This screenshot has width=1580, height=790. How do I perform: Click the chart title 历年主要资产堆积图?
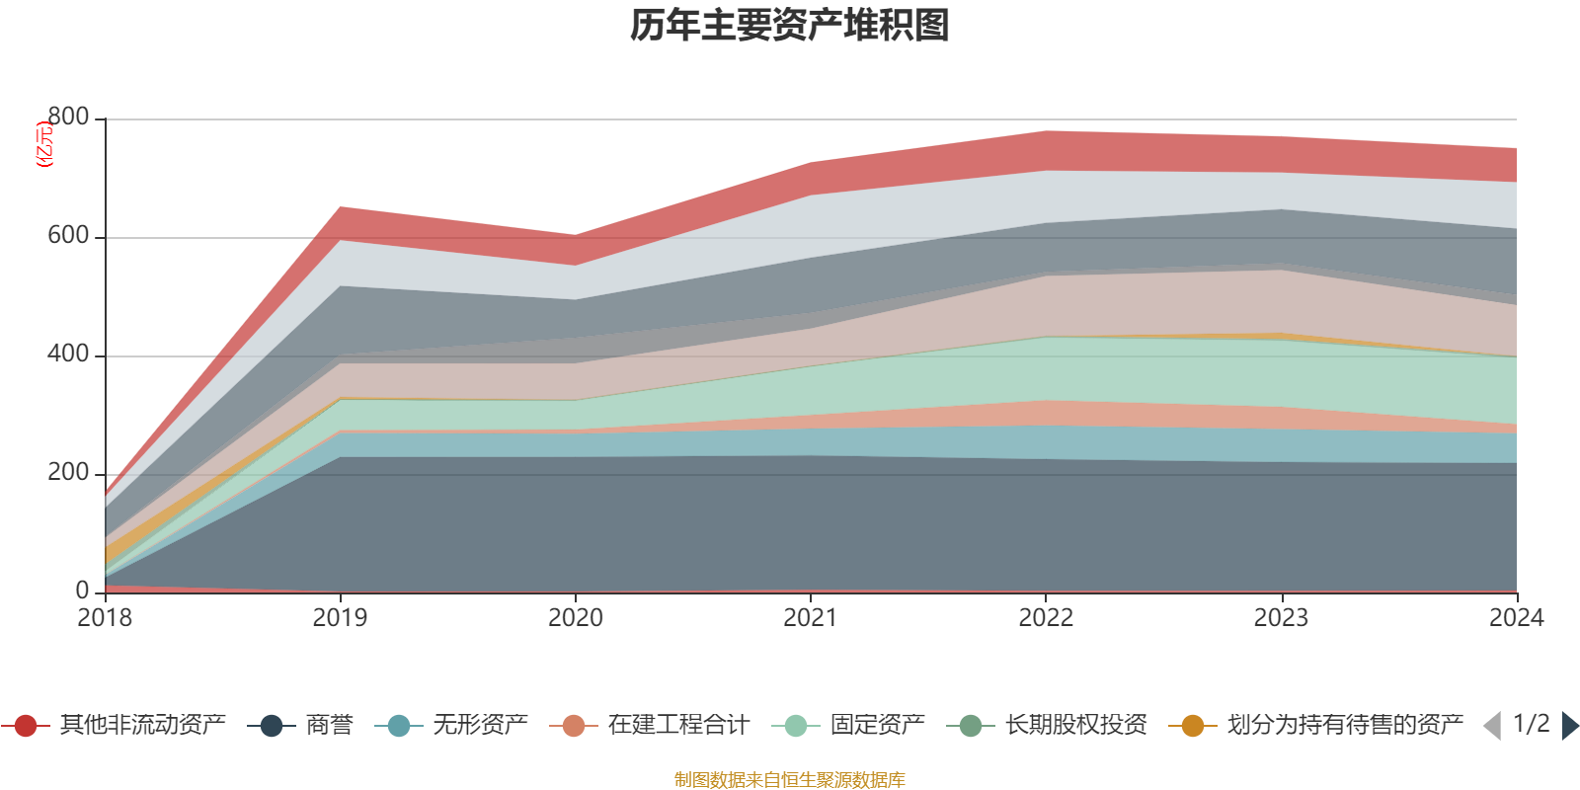coord(790,26)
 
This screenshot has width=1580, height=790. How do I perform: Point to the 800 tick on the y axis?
coord(68,118)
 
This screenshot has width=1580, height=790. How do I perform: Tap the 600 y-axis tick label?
coord(68,236)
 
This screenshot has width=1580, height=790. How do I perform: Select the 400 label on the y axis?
coord(68,355)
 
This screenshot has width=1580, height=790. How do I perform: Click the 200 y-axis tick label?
coord(68,473)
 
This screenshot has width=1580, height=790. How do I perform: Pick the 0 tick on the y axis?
coord(83,591)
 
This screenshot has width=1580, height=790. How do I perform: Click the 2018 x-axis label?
coord(105,618)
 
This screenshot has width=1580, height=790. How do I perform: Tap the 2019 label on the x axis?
coord(340,618)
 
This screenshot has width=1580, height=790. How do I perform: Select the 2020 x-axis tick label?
coord(576,618)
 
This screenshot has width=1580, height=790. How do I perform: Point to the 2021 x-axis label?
coord(811,618)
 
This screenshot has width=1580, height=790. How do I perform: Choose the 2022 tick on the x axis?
coord(1046,618)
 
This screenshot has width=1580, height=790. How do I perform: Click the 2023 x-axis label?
coord(1281,618)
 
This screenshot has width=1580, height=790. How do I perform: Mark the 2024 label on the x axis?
coord(1516,618)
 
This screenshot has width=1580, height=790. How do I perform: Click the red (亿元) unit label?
coord(44,144)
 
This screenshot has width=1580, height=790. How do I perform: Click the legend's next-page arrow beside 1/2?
coord(1569,726)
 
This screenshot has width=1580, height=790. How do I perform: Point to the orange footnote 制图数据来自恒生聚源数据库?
coord(790,780)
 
